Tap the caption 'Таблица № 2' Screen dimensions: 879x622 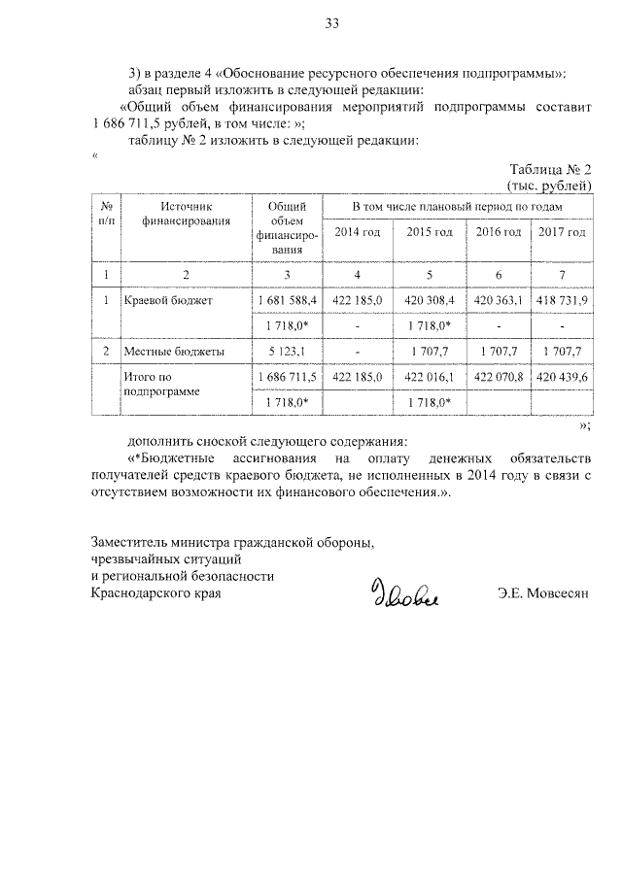click(550, 168)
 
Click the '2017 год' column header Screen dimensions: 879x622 click(562, 232)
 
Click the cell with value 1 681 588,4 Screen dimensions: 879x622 click(288, 301)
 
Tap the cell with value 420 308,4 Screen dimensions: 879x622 click(430, 301)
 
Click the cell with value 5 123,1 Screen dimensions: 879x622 click(288, 351)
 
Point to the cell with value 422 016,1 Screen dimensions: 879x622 click(430, 376)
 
